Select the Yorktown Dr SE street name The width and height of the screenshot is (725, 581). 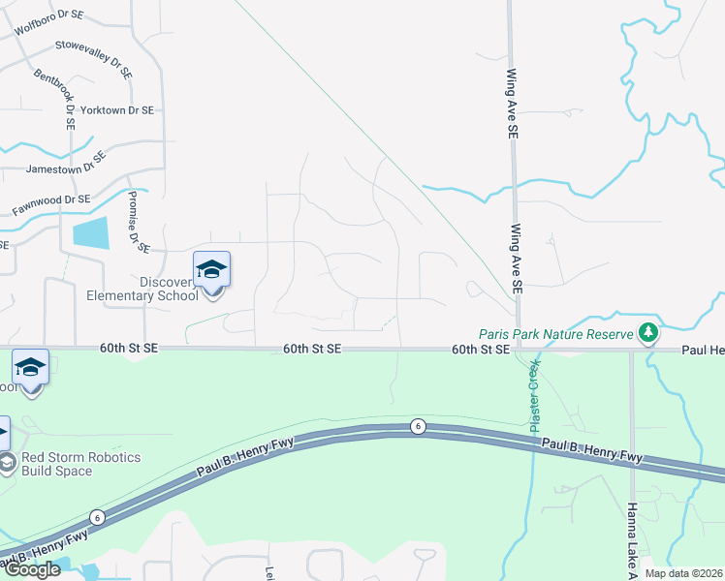click(x=116, y=110)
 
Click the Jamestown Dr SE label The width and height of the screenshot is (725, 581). click(x=66, y=162)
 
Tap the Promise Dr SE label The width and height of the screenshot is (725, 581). click(x=138, y=221)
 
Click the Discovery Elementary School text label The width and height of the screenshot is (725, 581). click(x=142, y=289)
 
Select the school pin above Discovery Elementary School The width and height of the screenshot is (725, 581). click(x=211, y=270)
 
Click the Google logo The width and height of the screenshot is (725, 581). click(x=32, y=569)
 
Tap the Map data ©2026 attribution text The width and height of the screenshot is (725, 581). click(x=682, y=572)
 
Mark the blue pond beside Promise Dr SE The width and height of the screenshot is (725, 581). click(x=90, y=232)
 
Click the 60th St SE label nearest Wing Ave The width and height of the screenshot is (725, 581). click(x=480, y=349)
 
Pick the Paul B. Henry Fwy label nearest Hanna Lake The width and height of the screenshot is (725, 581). click(x=591, y=449)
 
